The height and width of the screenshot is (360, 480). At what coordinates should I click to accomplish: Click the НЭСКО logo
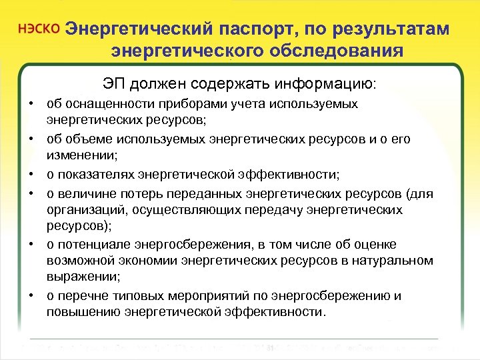point(41,31)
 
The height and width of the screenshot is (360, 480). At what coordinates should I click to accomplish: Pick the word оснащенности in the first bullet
point(97,104)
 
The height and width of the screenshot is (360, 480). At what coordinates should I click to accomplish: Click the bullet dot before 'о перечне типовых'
point(31,295)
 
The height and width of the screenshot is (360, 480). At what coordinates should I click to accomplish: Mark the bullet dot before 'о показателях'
point(31,174)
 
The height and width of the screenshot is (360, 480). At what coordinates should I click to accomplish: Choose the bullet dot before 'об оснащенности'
point(31,104)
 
